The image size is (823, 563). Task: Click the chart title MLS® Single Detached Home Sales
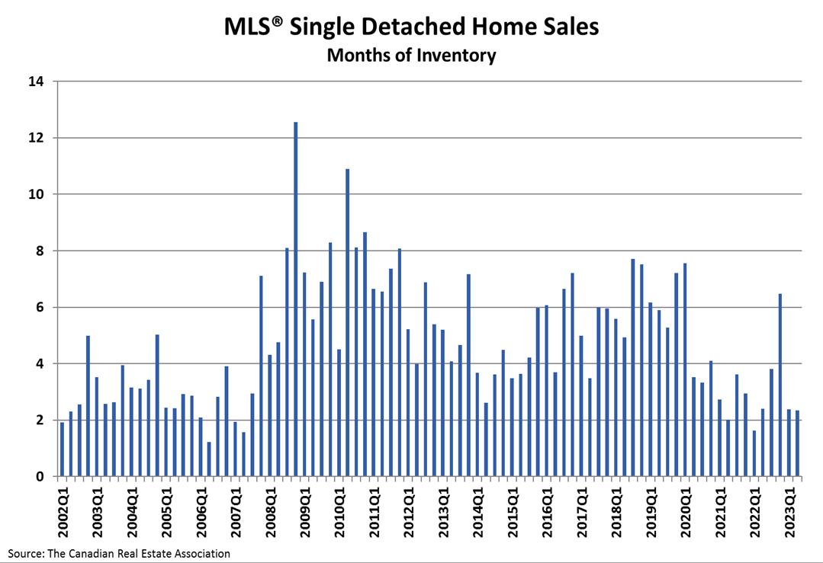(x=411, y=27)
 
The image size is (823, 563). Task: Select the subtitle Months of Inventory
(x=411, y=56)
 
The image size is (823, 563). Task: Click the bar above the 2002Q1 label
(x=63, y=449)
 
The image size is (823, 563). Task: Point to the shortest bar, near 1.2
(x=209, y=459)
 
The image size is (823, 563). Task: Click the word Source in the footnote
(x=25, y=553)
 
